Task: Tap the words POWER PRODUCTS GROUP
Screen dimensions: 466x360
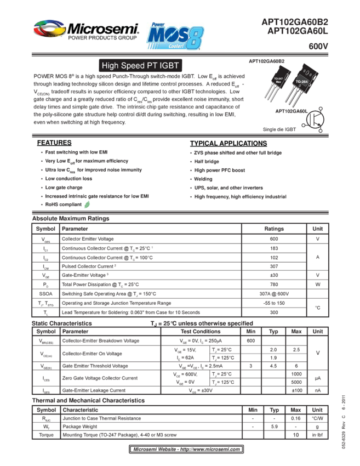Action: [102, 39]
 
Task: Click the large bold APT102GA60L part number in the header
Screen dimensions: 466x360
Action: [298, 32]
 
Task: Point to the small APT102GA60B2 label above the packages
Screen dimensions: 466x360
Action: [267, 61]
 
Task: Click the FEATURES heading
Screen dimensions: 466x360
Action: [55, 143]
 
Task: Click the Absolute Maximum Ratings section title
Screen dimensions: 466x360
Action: [71, 219]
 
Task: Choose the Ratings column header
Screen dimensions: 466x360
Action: [274, 229]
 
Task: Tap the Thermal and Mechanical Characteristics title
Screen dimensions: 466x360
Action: [88, 401]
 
